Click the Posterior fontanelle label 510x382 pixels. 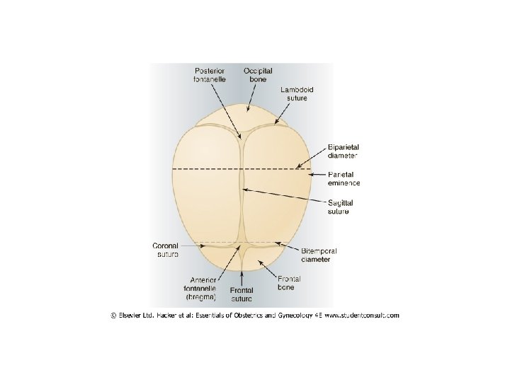211,76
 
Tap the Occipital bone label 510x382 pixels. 259,76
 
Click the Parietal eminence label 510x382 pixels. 344,178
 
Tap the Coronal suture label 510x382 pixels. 166,249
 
